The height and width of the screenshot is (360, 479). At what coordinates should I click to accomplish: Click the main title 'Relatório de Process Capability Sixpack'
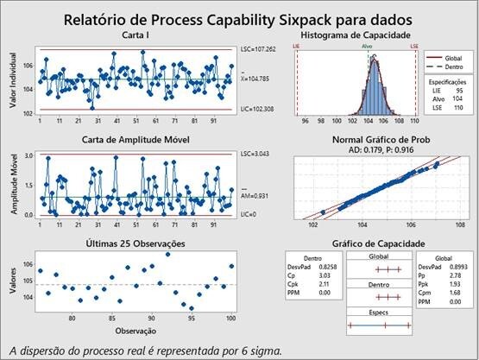(x=239, y=19)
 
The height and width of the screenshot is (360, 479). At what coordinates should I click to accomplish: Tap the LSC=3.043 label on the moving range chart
(x=256, y=154)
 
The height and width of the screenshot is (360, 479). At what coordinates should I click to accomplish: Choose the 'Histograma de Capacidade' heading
(x=357, y=34)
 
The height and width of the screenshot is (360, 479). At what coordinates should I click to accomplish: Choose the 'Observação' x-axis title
(x=136, y=329)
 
